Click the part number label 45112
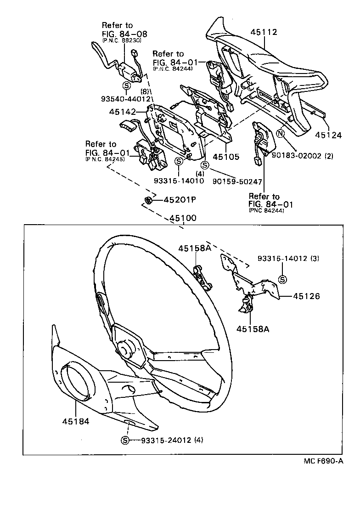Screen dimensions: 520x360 (264, 32)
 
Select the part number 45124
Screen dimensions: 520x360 (328, 136)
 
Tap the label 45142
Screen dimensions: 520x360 (123, 112)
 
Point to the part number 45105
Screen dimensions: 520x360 (226, 157)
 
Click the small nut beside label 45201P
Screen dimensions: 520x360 (148, 200)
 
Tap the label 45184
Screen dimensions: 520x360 (76, 420)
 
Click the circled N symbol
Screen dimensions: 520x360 (280, 133)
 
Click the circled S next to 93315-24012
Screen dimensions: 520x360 (125, 441)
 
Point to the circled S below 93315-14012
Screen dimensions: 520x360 (282, 279)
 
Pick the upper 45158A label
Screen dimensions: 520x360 (194, 248)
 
